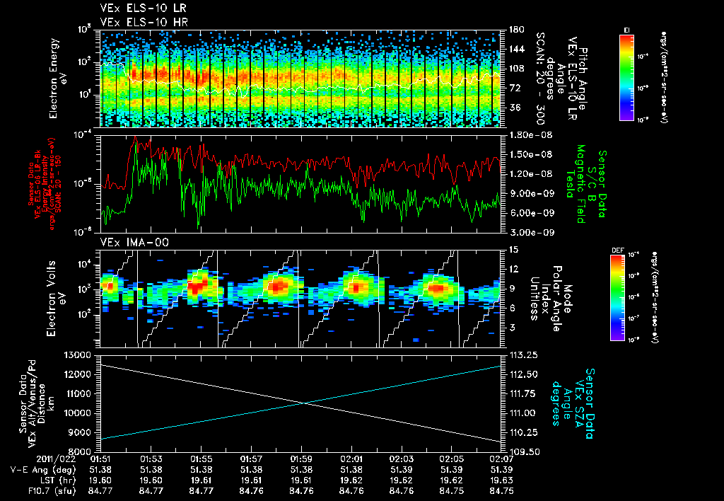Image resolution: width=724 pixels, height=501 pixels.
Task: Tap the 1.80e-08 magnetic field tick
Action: [x=526, y=134]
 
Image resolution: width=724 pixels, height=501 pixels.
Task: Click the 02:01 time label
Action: [x=352, y=459]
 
